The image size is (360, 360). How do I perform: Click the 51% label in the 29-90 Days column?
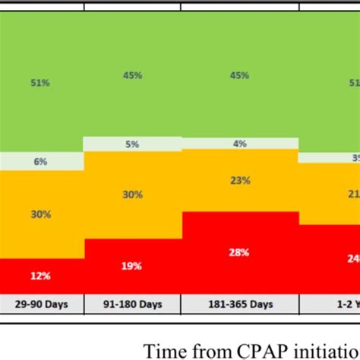[41, 84]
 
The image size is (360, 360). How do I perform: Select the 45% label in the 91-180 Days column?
[132, 75]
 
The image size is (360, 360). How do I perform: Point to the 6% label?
[41, 162]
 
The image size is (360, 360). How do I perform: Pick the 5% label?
[132, 144]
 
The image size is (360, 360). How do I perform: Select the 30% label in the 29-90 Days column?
[41, 214]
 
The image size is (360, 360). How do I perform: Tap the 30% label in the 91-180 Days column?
[132, 194]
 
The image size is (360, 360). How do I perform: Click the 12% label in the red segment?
[41, 275]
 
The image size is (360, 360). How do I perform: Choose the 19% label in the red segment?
[132, 266]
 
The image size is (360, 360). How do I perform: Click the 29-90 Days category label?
[41, 305]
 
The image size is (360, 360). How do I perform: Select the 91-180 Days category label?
[132, 305]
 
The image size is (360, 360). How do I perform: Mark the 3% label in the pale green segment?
[355, 157]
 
